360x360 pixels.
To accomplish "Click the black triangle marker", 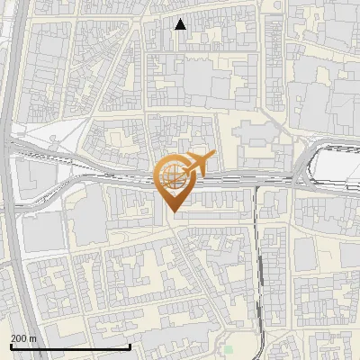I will [181, 24].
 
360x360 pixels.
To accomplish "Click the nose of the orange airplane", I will [214, 156].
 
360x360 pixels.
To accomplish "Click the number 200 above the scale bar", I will [19, 338].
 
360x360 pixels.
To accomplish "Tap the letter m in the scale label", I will [32, 338].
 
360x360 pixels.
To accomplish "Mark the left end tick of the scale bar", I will [11, 346].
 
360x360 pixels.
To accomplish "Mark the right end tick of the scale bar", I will [130, 346].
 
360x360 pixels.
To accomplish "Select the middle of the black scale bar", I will [70, 347].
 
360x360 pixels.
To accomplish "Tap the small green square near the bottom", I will [229, 349].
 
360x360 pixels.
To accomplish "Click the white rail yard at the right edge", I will [339, 170].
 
